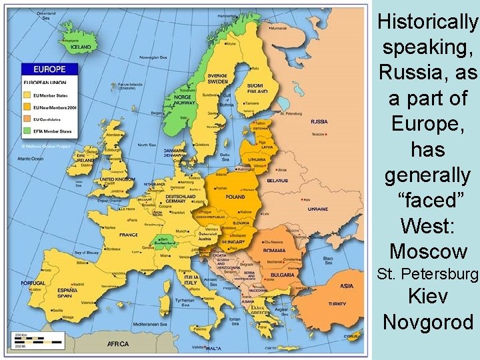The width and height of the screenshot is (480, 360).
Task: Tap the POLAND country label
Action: [235, 197]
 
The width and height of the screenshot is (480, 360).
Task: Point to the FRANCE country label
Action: [128, 235]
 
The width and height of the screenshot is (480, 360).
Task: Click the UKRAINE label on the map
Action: [317, 209]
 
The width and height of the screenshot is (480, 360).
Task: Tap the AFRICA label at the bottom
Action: [119, 344]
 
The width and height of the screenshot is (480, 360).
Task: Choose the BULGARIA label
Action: [283, 275]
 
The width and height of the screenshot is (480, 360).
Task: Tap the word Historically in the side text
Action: [427, 23]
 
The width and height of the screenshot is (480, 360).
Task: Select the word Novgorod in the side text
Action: [428, 323]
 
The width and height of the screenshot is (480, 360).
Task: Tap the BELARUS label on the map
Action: [277, 180]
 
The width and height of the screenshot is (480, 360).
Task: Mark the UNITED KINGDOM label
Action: [117, 179]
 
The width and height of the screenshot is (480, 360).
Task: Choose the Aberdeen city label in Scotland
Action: [115, 134]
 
